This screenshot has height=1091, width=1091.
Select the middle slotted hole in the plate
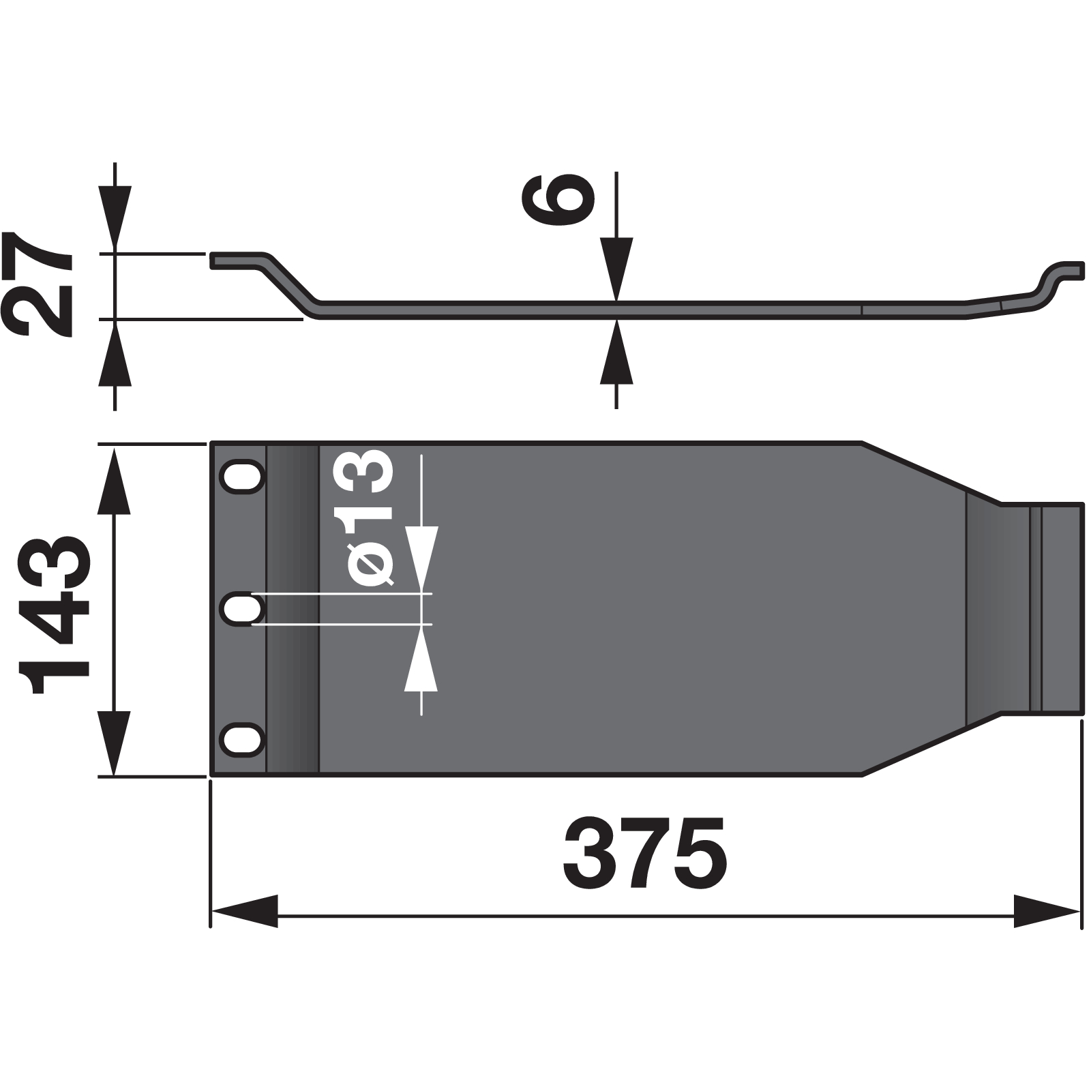pyautogui.click(x=242, y=609)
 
